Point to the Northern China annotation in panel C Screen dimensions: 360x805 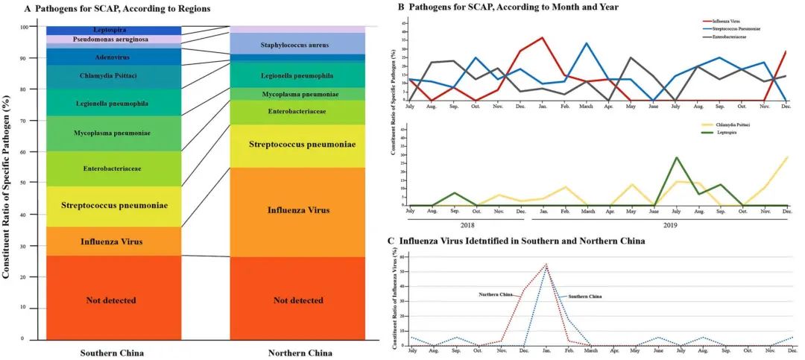(x=495, y=295)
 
